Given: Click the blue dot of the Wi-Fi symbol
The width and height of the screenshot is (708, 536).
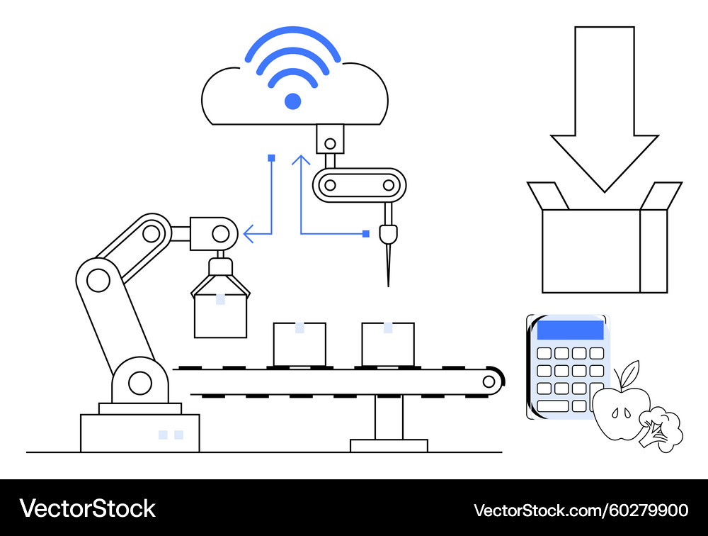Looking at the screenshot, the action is (292, 101).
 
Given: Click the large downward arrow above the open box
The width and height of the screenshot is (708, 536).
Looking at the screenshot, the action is (604, 108).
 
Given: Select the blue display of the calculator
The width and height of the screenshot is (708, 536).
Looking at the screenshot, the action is (570, 330).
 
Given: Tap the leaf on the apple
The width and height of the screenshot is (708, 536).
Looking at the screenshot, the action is (631, 373).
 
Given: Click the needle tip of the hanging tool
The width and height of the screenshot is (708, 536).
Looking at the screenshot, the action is (388, 286).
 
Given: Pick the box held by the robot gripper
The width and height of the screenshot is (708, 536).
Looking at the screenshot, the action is (220, 316).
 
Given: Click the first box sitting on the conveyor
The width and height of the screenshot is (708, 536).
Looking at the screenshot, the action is (299, 344).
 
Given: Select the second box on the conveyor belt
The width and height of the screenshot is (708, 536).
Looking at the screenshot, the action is (388, 344).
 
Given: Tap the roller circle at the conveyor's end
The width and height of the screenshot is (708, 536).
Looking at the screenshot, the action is (489, 381).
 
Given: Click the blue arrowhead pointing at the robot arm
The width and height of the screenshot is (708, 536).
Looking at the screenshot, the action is (249, 234).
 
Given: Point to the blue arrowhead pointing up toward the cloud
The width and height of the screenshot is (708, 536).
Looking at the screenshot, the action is (301, 160).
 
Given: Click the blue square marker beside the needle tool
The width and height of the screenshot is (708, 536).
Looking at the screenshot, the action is (366, 234).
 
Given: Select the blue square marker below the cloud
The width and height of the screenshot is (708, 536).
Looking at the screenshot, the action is (271, 158).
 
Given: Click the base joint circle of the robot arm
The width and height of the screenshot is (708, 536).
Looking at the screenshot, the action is (140, 383).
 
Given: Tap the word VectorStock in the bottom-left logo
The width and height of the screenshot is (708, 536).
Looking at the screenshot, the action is (87, 508).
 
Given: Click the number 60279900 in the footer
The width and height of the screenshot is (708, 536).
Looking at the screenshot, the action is (649, 510).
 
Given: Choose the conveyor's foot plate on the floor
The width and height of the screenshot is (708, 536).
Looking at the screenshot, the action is (389, 445).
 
